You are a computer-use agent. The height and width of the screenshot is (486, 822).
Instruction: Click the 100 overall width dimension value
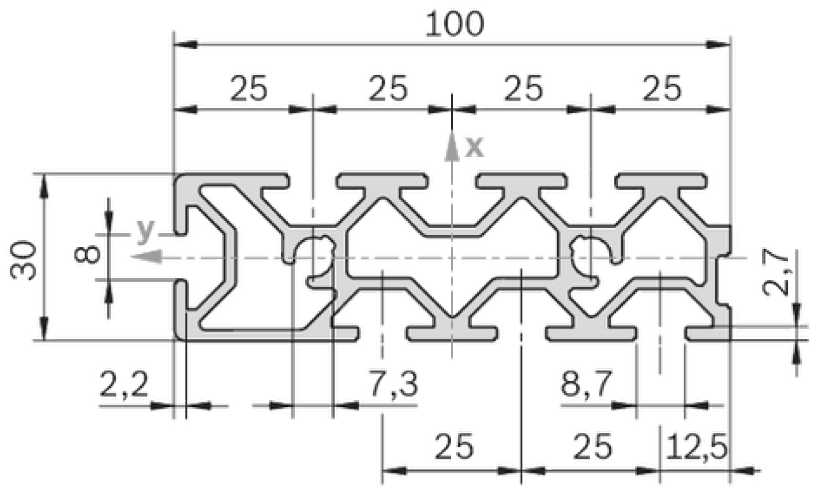455,24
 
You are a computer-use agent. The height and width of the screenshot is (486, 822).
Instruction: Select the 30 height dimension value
23,260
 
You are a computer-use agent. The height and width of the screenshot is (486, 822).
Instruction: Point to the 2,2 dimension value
124,384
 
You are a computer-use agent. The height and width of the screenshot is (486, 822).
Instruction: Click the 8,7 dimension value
587,384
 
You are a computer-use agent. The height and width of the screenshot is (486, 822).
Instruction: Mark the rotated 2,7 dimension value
775,272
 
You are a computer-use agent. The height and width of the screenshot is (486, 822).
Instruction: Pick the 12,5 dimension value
696,447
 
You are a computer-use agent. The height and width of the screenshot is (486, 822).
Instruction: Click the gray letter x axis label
474,147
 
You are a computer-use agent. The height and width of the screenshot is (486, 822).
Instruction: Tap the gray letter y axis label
146,231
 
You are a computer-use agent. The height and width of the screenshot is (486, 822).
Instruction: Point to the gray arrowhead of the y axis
147,256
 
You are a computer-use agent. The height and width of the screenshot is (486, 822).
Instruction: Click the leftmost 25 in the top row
249,88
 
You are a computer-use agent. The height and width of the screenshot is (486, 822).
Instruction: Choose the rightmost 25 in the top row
662,88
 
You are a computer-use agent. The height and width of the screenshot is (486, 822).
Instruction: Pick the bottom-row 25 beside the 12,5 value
592,447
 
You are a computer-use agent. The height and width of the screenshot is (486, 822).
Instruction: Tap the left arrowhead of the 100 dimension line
185,45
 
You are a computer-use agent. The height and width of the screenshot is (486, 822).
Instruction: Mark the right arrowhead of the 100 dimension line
718,45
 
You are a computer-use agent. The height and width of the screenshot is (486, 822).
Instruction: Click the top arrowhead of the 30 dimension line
44,186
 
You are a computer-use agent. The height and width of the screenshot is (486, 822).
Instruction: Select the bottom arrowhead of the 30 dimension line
44,328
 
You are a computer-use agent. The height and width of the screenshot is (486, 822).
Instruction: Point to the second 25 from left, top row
388,88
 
